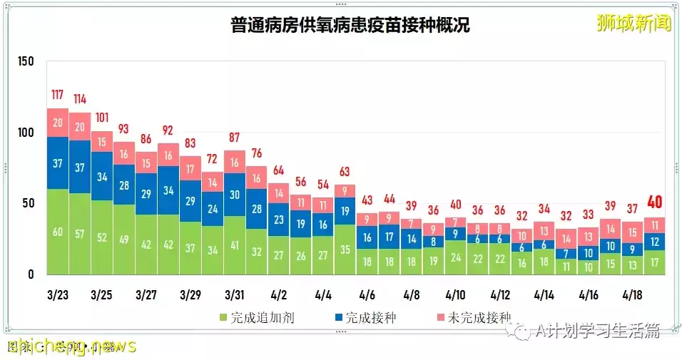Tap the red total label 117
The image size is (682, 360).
[58, 95]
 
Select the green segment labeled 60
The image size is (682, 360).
[58, 232]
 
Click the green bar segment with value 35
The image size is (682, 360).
[345, 250]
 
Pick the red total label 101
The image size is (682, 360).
[102, 118]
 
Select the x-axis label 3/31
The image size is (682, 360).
[235, 294]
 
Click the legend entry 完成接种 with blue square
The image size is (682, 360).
[364, 317]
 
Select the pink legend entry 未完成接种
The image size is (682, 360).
[474, 317]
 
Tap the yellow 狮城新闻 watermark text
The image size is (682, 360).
[634, 23]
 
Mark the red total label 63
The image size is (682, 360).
[345, 171]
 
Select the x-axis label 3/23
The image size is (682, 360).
[58, 294]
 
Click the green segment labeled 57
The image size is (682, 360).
[80, 234]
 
